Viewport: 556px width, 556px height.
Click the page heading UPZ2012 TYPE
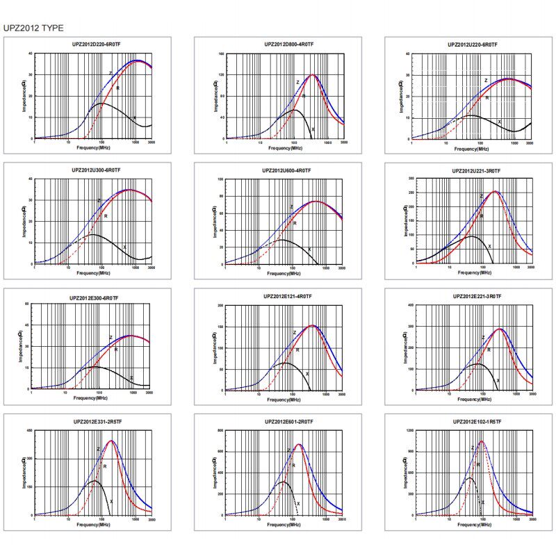coord(33,28)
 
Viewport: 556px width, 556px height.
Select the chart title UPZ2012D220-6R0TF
coord(93,44)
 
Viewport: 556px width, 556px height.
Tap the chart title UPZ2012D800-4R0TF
coord(285,44)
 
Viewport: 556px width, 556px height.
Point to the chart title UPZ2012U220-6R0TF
coord(473,44)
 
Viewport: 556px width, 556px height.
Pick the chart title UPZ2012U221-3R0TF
coord(476,170)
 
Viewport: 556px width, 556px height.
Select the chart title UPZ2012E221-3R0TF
coord(477,296)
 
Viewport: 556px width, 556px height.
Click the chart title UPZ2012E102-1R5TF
coord(477,422)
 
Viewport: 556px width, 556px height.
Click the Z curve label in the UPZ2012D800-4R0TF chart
coord(297,83)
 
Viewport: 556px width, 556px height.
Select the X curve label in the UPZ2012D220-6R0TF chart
coord(134,118)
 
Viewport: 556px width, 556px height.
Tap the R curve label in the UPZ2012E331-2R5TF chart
coord(105,466)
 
